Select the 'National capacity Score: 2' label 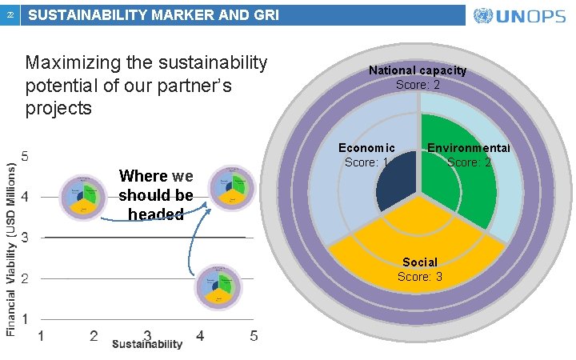click(x=417, y=78)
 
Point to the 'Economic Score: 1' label click(x=366, y=155)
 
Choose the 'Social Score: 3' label click(x=419, y=270)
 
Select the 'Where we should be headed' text click(x=156, y=195)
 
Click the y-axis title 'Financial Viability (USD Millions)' click(x=11, y=237)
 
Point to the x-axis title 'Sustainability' click(x=147, y=344)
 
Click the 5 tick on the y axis click(x=26, y=156)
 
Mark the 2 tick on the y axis click(x=26, y=278)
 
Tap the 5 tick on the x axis click(x=253, y=335)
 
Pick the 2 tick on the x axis click(x=94, y=335)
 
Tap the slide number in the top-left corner click(x=9, y=15)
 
